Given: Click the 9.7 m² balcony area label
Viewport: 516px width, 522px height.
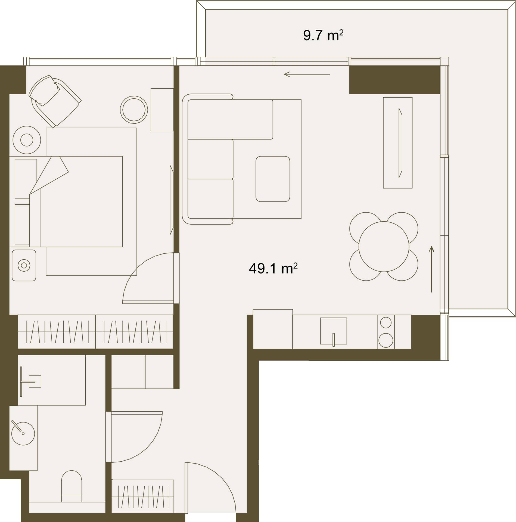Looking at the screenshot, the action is pos(323,36).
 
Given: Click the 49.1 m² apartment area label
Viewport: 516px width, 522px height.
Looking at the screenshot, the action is pos(273,268).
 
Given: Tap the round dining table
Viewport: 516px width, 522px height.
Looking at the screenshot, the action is pos(384,247).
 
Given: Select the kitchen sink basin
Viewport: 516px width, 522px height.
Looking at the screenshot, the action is pos(334,331).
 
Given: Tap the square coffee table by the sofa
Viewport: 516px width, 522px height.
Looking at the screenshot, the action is pos(273,179).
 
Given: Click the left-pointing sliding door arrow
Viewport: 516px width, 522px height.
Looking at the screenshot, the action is pos(307,74).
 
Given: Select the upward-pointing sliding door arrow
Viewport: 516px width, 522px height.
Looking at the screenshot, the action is pos(431,269).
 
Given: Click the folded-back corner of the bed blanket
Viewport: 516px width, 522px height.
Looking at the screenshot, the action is pos(49,175).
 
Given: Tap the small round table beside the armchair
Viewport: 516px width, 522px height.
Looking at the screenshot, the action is pos(134,110).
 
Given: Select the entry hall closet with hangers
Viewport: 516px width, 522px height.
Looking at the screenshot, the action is pos(143,496).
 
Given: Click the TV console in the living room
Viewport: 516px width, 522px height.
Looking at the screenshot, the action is pos(398,143).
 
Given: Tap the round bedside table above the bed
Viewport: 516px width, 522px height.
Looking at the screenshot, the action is pos(27,140).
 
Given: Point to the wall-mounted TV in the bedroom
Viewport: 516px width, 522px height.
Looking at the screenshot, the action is pos(172,200).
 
